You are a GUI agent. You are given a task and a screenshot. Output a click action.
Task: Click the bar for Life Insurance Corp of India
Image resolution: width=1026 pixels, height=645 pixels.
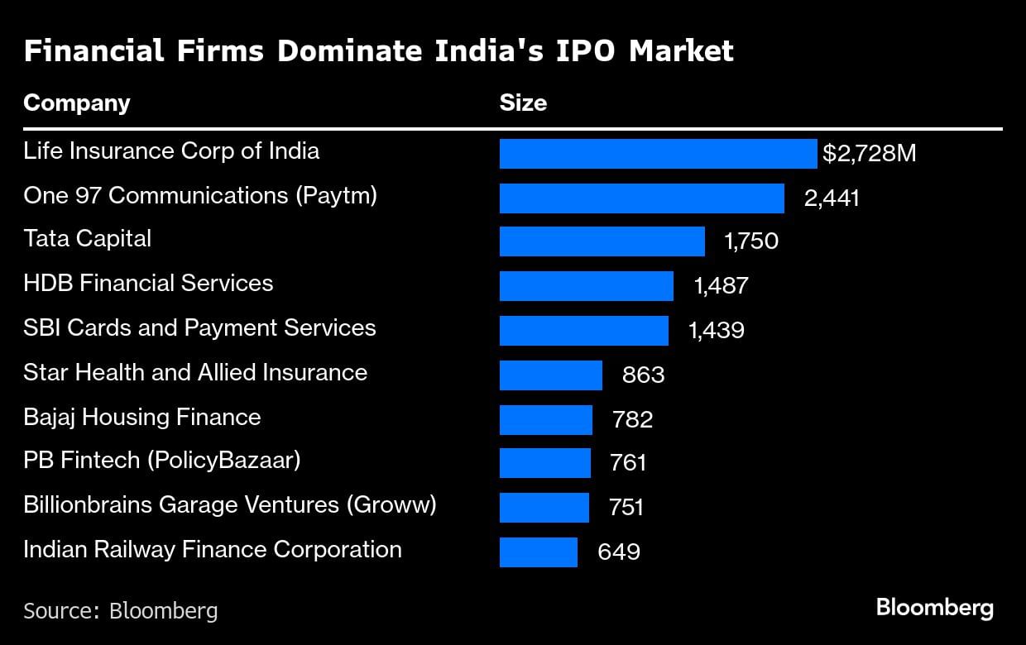click(x=658, y=154)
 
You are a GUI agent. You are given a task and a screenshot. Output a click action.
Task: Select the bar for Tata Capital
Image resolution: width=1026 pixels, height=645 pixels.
click(x=602, y=242)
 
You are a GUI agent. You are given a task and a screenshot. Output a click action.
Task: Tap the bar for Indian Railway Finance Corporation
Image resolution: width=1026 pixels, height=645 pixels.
click(x=538, y=552)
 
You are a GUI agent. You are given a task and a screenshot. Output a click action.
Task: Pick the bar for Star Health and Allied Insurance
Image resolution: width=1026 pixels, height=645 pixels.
click(x=550, y=375)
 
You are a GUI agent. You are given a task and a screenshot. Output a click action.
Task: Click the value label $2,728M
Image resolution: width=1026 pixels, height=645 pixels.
click(x=869, y=154)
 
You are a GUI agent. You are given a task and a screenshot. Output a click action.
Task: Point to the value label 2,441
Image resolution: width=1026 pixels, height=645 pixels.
click(x=832, y=198)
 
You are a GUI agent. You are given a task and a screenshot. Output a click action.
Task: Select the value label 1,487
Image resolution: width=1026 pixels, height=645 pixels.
click(x=721, y=286)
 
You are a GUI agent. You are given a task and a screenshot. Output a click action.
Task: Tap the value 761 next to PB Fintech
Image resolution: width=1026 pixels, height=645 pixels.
click(x=627, y=463)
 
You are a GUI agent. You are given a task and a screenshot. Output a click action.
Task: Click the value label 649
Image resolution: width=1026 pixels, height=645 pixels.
click(x=619, y=552)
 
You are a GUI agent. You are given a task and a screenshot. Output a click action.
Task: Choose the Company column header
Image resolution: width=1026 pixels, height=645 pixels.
click(x=77, y=103)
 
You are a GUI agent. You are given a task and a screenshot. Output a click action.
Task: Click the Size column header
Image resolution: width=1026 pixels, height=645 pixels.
click(x=523, y=103)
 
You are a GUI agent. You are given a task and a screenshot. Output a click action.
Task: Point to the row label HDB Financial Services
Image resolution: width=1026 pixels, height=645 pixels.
click(x=148, y=284)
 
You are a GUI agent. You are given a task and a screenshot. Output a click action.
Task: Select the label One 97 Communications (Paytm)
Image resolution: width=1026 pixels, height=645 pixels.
click(x=200, y=195)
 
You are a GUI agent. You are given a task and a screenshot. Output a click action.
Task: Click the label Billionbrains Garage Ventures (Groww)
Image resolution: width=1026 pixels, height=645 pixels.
click(x=229, y=504)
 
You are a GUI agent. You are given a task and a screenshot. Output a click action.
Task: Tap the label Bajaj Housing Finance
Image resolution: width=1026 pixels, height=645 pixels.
click(x=141, y=417)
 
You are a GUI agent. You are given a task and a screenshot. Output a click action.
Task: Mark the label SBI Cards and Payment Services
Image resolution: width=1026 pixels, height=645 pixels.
click(x=199, y=327)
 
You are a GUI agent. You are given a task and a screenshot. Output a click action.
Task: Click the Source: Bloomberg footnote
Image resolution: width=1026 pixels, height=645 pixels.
click(x=121, y=611)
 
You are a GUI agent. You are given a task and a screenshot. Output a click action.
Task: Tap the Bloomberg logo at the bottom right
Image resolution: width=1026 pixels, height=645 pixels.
click(x=934, y=609)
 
